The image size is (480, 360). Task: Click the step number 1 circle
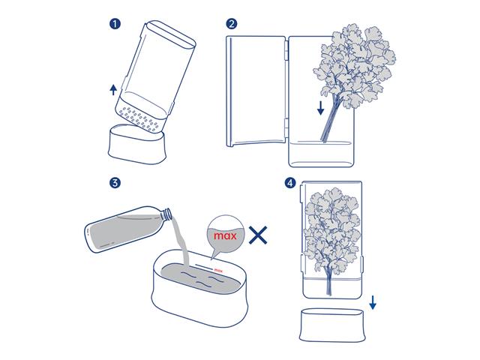coord(115,23)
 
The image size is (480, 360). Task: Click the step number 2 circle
coord(232,23)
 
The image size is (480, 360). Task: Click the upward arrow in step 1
coord(112,90)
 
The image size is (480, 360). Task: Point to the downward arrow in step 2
coord(321,108)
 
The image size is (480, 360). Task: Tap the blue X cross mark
coord(259,236)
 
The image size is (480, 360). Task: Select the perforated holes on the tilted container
coord(142,118)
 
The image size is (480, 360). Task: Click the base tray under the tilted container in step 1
coord(135,143)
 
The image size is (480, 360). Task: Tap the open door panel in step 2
coord(255,90)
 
